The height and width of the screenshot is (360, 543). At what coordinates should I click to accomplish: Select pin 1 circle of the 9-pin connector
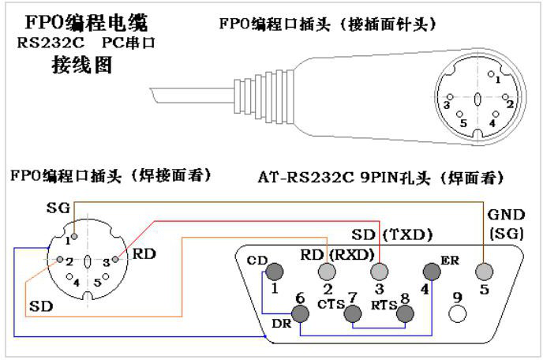pyautogui.click(x=275, y=272)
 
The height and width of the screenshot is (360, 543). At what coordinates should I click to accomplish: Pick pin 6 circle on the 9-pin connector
pyautogui.click(x=301, y=313)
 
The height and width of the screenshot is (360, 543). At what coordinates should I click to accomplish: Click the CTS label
pyautogui.click(x=328, y=304)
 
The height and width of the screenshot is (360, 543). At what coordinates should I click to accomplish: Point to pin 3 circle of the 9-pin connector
pyautogui.click(x=378, y=272)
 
